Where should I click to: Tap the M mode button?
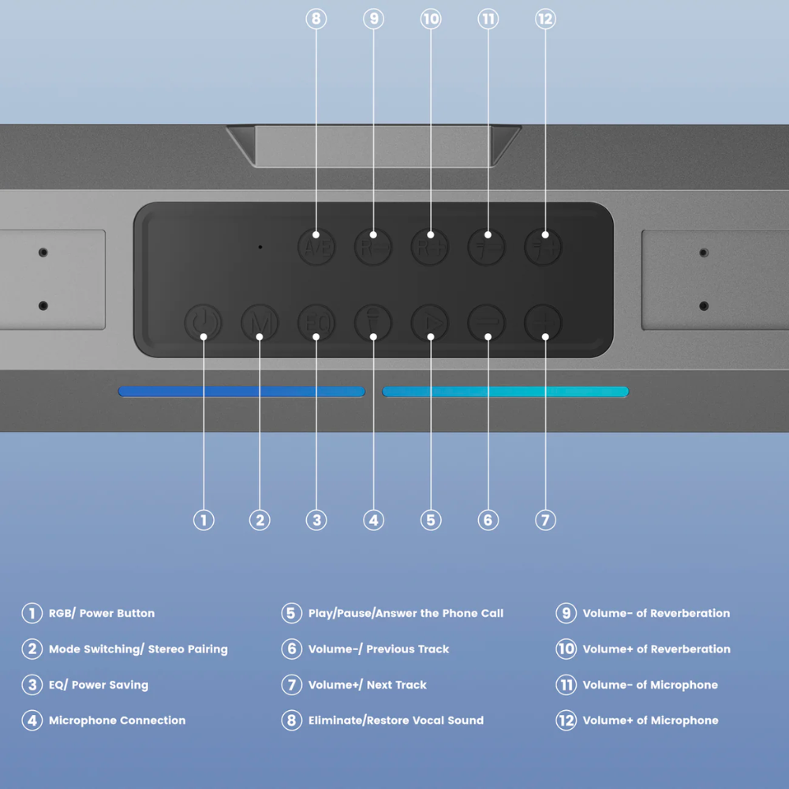tap(260, 323)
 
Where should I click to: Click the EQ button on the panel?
tap(316, 323)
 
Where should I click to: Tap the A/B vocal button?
tap(316, 247)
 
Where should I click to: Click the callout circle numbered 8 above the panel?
tap(316, 19)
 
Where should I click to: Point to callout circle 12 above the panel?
tap(545, 19)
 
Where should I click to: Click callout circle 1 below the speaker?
tap(204, 520)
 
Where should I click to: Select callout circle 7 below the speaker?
tap(545, 520)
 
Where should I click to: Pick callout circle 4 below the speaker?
tap(374, 520)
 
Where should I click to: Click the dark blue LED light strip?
tap(241, 391)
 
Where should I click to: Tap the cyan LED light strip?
tap(505, 391)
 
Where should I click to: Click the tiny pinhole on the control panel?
tap(260, 247)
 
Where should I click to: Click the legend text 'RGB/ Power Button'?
tap(102, 613)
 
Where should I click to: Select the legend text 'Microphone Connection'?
tap(117, 720)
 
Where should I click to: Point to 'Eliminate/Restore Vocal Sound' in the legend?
tap(396, 720)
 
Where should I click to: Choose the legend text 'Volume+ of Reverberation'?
tap(656, 649)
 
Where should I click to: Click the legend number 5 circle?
tap(292, 613)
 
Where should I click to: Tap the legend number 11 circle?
tap(566, 685)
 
